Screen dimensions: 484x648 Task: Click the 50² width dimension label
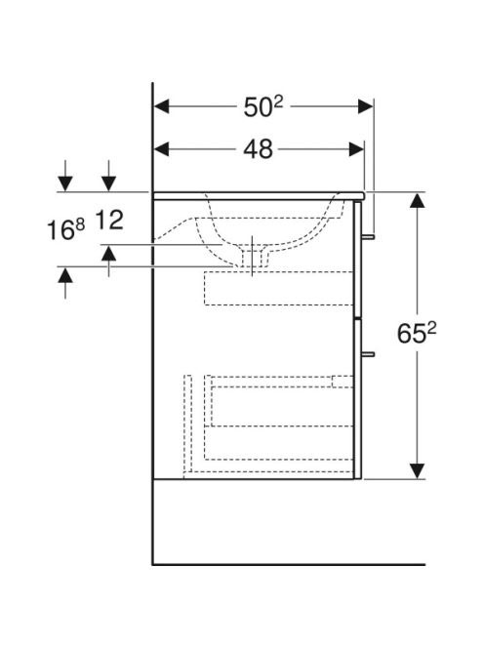263,106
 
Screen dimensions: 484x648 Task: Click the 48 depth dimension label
258,149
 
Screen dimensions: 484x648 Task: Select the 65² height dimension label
417,333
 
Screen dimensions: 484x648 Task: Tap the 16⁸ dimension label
65,229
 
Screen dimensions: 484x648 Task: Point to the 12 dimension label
109,220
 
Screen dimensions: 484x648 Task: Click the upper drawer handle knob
368,237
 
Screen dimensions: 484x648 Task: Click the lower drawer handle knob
368,354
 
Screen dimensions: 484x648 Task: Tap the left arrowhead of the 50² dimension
161,106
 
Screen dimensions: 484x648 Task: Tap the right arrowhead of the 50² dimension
366,106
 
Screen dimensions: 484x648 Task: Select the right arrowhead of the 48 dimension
357,149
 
